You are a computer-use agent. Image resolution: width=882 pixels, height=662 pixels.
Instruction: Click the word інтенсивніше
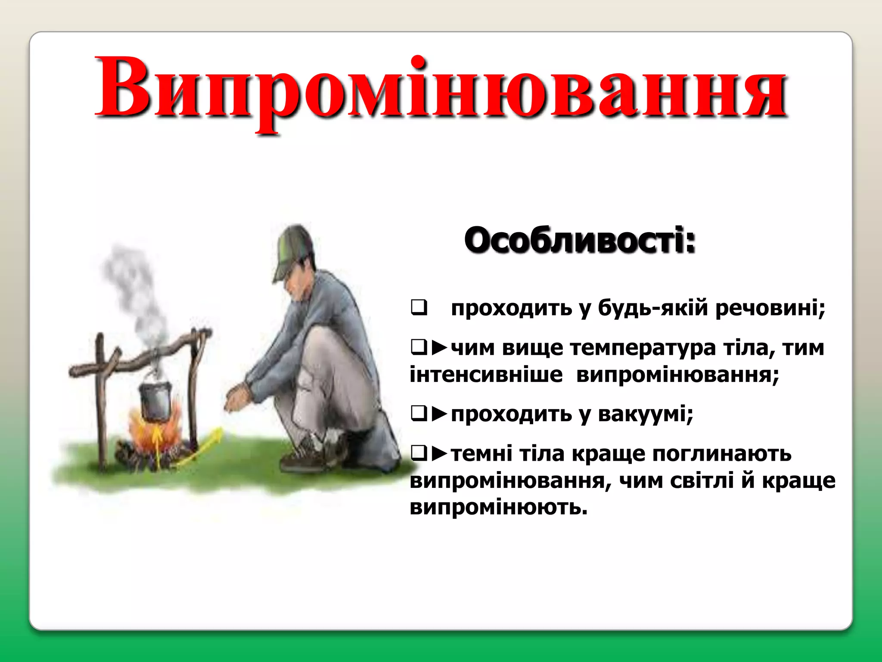486,374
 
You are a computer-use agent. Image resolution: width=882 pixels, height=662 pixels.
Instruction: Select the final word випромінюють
498,507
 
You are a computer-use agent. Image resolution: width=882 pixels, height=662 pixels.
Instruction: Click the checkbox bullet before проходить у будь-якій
419,308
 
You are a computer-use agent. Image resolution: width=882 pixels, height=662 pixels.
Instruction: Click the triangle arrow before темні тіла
440,453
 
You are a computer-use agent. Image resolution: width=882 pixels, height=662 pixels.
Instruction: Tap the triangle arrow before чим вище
440,347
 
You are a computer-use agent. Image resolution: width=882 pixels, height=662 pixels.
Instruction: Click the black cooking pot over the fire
155,399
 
